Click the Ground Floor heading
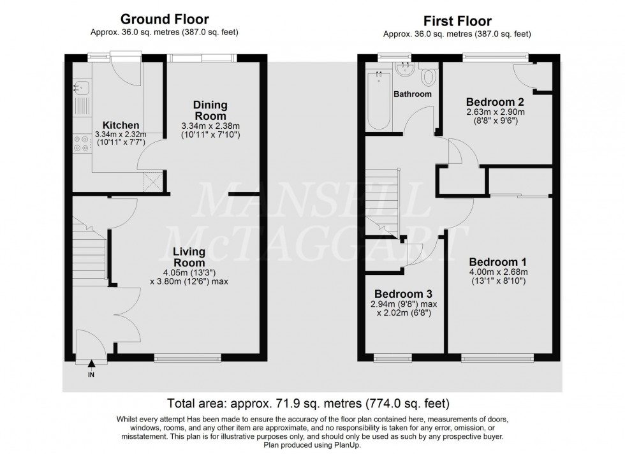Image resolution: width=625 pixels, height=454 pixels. coord(165,20)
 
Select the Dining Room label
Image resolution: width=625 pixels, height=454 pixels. coord(210,110)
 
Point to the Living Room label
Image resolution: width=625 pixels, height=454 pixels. coord(189,256)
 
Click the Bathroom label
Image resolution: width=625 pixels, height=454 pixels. coord(412,94)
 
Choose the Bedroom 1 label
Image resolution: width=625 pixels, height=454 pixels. coord(497,262)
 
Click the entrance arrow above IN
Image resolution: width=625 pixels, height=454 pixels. coord(91,364)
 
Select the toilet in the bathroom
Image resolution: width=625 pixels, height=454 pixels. coord(429,77)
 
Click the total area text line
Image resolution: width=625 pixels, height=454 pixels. coord(308,403)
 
